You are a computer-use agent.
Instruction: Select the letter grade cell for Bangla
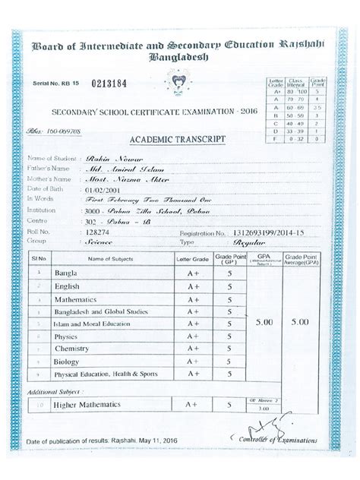pyautogui.click(x=193, y=273)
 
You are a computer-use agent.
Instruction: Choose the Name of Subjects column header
pyautogui.click(x=110, y=259)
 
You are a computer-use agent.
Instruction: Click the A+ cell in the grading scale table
pyautogui.click(x=277, y=92)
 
